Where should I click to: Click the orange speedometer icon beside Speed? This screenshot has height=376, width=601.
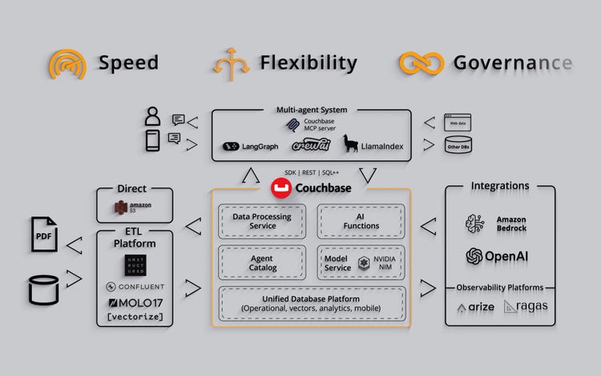pyautogui.click(x=67, y=64)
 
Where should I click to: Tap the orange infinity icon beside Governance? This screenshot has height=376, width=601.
pyautogui.click(x=421, y=64)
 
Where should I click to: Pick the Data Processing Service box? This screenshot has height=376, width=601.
pyautogui.click(x=261, y=221)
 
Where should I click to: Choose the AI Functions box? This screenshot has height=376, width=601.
pyautogui.click(x=361, y=221)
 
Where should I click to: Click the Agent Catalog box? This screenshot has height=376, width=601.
pyautogui.click(x=261, y=263)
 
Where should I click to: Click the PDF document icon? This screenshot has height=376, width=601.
pyautogui.click(x=46, y=237)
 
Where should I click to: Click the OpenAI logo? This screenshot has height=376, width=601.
pyautogui.click(x=500, y=257)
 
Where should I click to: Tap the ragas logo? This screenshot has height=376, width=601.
pyautogui.click(x=526, y=306)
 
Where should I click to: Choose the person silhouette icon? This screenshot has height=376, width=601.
pyautogui.click(x=152, y=117)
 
